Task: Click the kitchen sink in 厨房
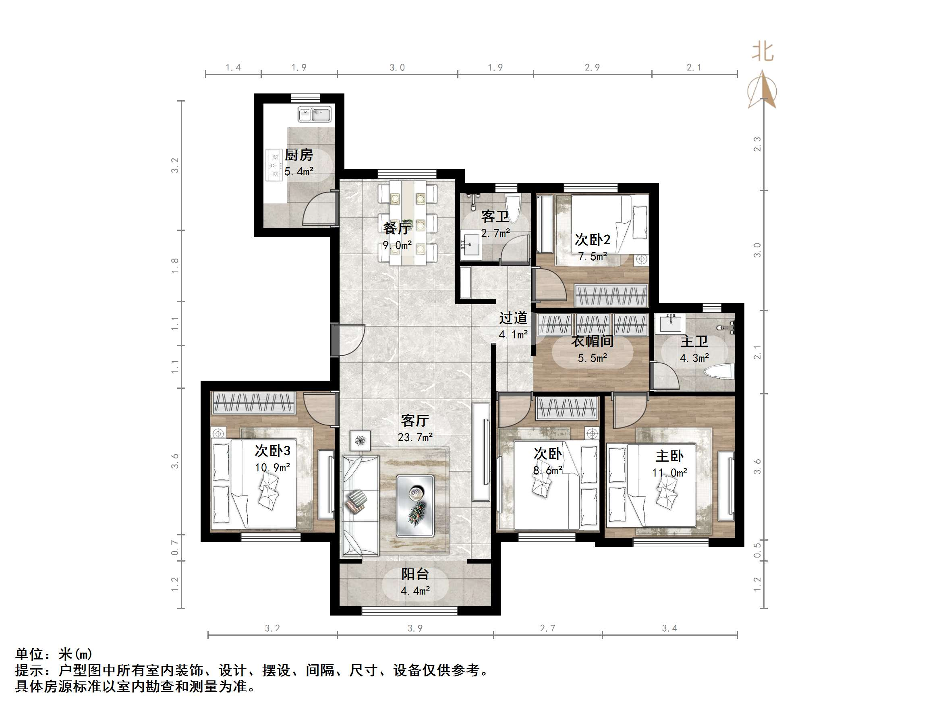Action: [315, 115]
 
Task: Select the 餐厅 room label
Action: [396, 228]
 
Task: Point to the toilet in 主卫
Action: [719, 371]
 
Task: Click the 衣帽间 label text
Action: [593, 341]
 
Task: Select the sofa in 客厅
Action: [360, 506]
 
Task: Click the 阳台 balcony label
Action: [414, 574]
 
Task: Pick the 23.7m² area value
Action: [415, 437]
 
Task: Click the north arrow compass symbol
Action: [762, 91]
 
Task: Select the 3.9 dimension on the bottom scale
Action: [415, 628]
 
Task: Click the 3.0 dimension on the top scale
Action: [397, 68]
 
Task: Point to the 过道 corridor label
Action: [513, 318]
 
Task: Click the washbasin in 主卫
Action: [670, 323]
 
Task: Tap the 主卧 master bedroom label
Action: [669, 456]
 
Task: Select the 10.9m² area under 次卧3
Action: [273, 468]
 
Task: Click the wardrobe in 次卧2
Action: [611, 296]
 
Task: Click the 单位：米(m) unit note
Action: [54, 654]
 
